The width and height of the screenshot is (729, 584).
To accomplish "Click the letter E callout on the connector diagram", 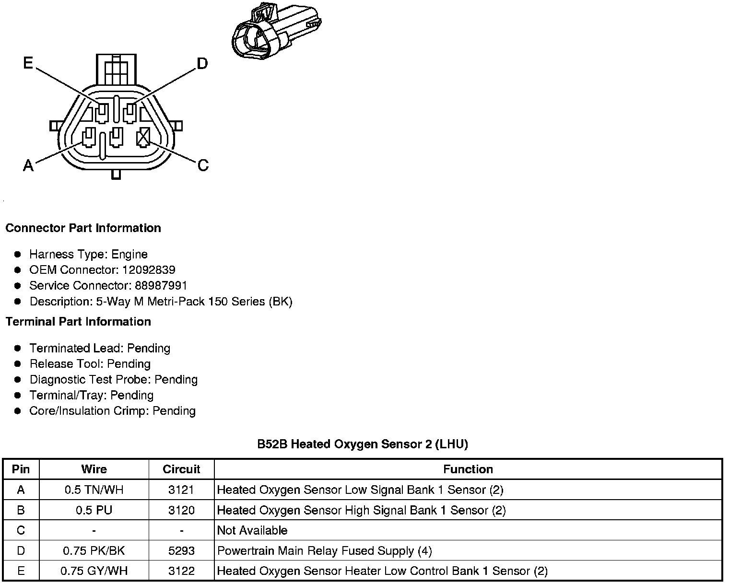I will (28, 63).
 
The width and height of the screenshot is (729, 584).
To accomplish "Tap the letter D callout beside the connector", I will (202, 63).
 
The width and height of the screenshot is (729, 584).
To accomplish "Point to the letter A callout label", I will (28, 165).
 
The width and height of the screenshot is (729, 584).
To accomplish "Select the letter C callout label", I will (203, 165).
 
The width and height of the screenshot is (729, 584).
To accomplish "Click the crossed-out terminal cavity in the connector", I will (143, 138).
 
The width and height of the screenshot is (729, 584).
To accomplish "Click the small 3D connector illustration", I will (276, 32).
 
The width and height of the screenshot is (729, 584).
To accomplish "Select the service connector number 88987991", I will (161, 286).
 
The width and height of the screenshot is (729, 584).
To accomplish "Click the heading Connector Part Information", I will (83, 228).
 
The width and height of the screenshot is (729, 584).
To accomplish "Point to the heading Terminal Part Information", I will (78, 322).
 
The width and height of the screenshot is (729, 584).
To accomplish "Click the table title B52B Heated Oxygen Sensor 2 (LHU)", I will (363, 444).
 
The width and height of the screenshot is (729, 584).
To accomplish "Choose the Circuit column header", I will (181, 469).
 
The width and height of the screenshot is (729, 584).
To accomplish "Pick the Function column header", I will (468, 469).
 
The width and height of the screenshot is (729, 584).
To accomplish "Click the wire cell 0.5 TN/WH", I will (94, 490).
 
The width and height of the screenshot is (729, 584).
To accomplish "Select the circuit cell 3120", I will (181, 510).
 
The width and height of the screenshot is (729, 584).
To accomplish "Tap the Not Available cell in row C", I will (252, 531).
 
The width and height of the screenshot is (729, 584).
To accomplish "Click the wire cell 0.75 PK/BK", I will (94, 551).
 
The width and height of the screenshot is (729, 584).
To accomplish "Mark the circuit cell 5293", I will (181, 551).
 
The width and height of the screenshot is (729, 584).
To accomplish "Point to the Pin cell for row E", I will (21, 571).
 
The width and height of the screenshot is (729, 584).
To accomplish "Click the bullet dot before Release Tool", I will (18, 364).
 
